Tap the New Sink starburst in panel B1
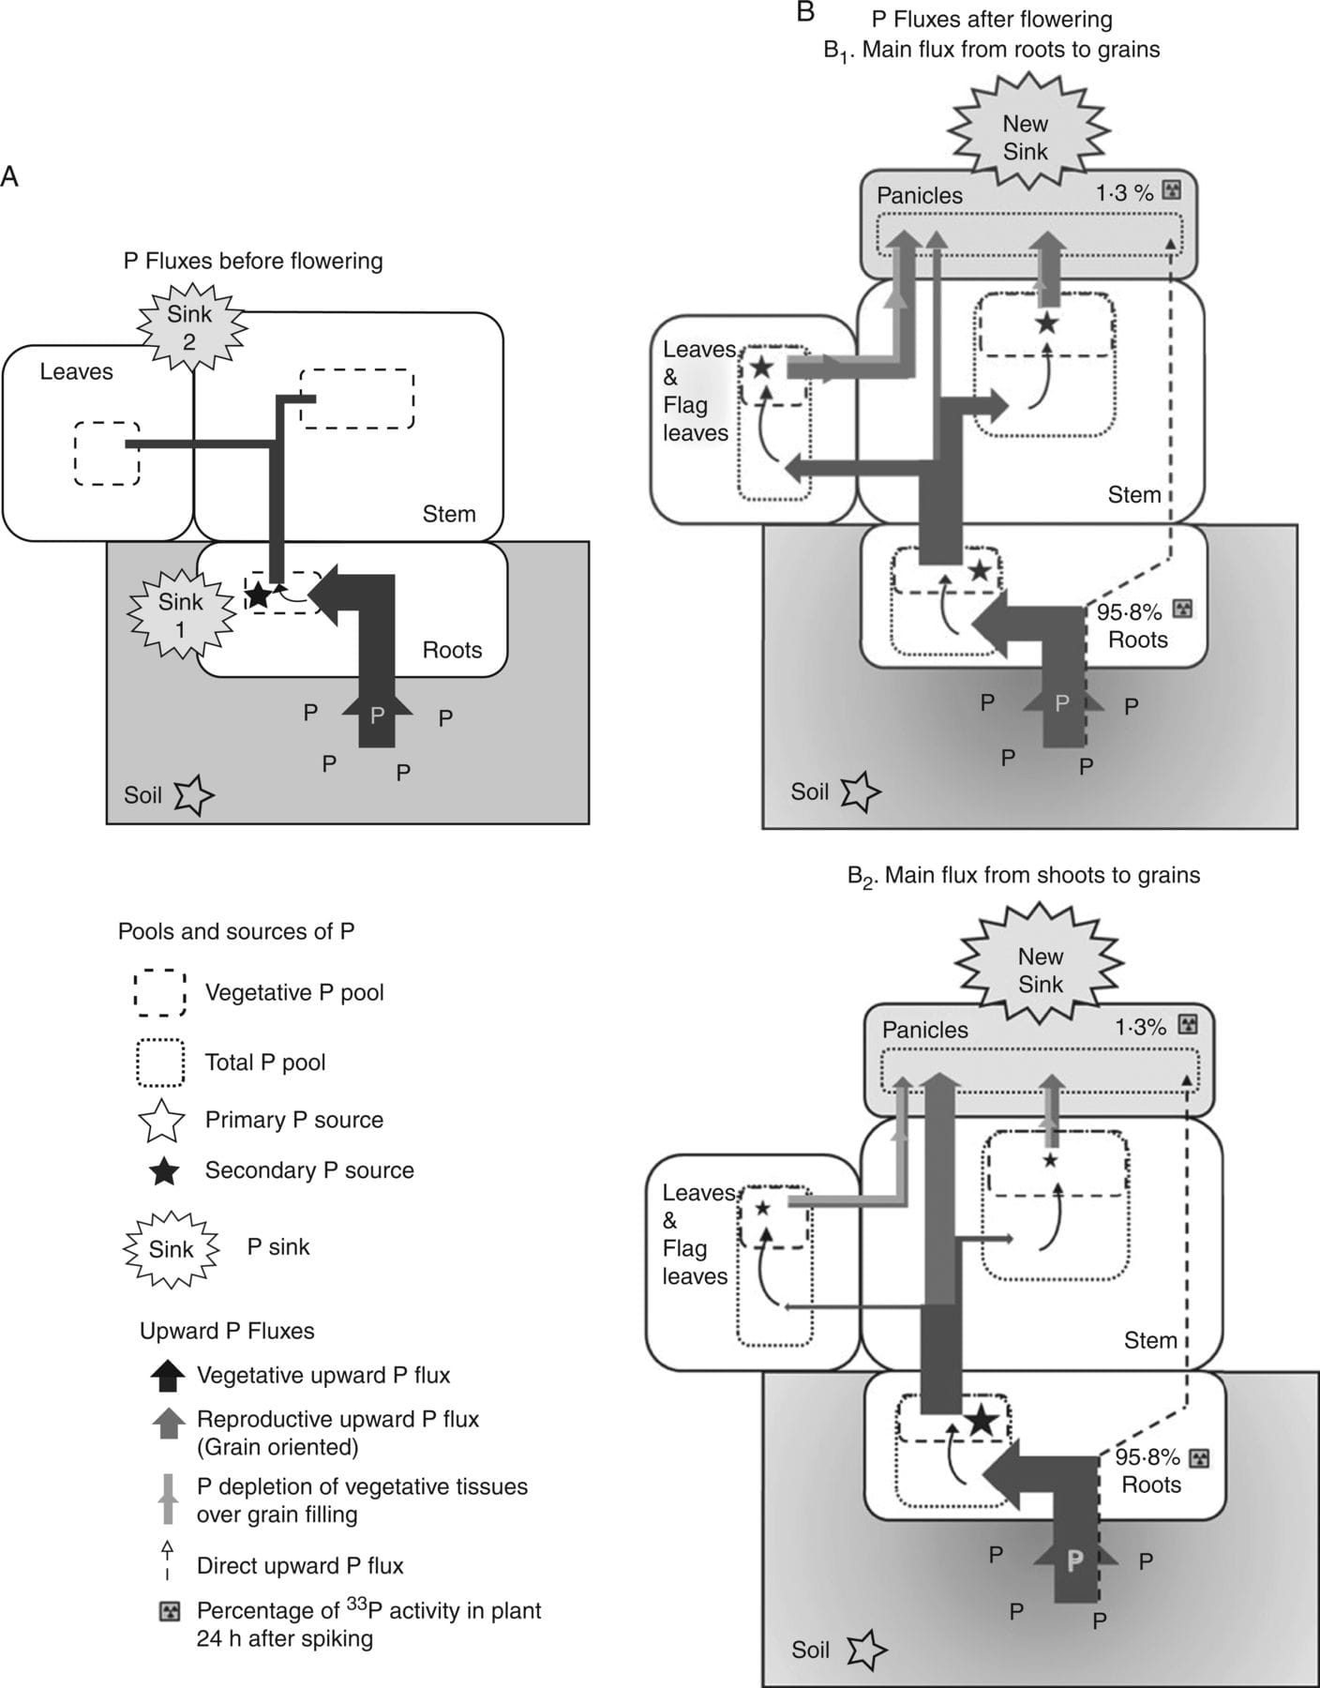[1025, 137]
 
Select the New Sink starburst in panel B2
[1040, 970]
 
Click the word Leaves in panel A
[76, 371]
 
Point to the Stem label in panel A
[448, 514]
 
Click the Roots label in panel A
[452, 650]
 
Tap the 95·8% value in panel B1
[1128, 612]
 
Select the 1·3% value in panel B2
[1140, 1026]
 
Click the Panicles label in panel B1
[919, 195]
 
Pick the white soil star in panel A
[195, 795]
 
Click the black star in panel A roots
[258, 595]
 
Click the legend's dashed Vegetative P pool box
[159, 993]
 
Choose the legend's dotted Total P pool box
[159, 1063]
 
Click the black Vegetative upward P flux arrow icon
[168, 1376]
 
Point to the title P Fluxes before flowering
[253, 261]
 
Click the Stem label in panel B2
[1149, 1340]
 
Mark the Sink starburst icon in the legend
[171, 1248]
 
